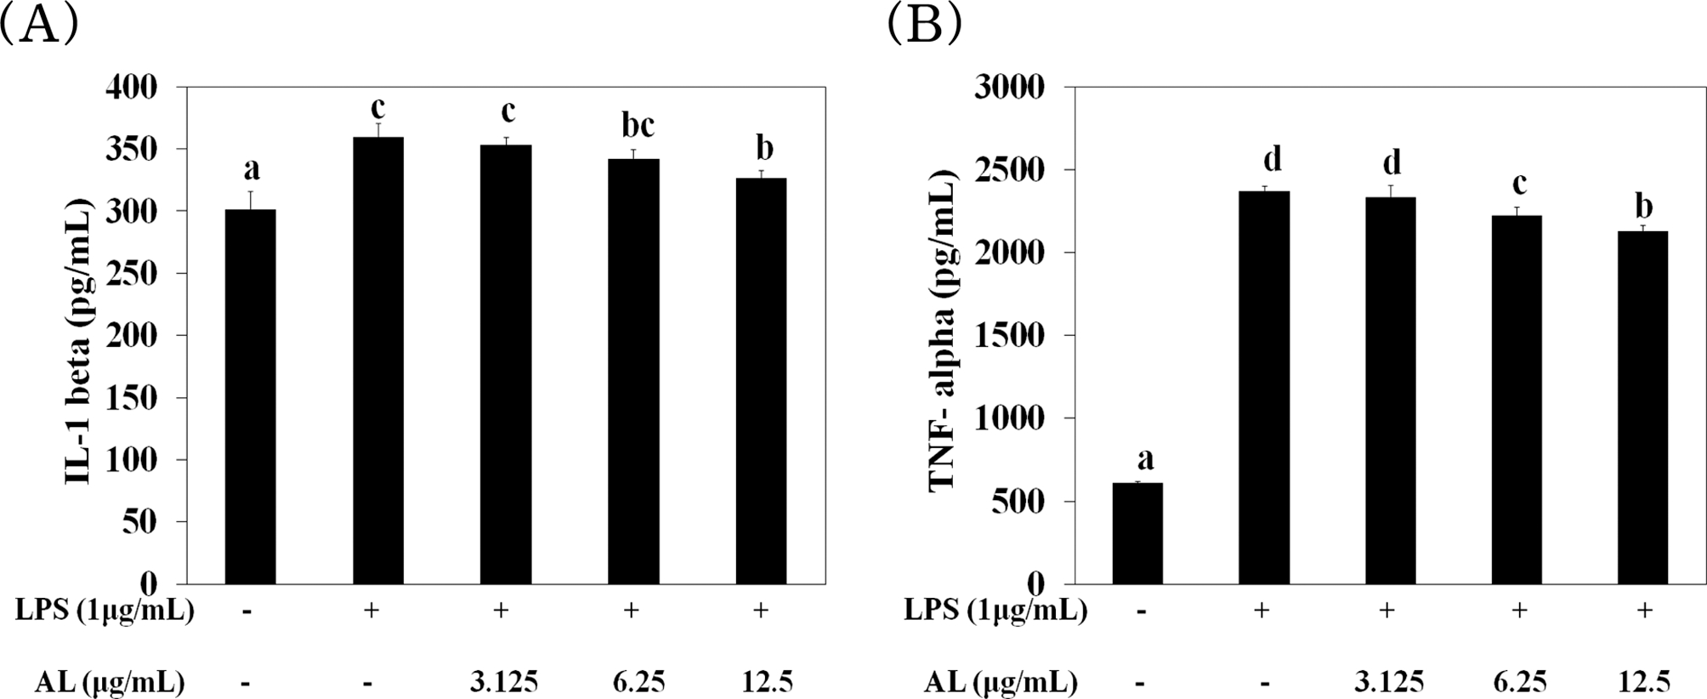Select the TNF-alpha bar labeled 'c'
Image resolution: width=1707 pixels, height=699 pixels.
(x=1517, y=400)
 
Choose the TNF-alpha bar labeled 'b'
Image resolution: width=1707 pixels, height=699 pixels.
(x=1643, y=407)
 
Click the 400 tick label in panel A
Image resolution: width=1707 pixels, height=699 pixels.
(x=133, y=87)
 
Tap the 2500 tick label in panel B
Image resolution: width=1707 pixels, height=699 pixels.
(x=1007, y=169)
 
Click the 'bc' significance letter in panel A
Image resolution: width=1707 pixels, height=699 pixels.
(x=638, y=126)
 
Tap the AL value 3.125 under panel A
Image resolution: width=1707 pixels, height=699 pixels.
(x=505, y=681)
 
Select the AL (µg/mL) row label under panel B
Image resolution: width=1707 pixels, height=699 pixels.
(x=1001, y=681)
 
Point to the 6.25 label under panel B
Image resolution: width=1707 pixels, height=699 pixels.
(x=1519, y=681)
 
